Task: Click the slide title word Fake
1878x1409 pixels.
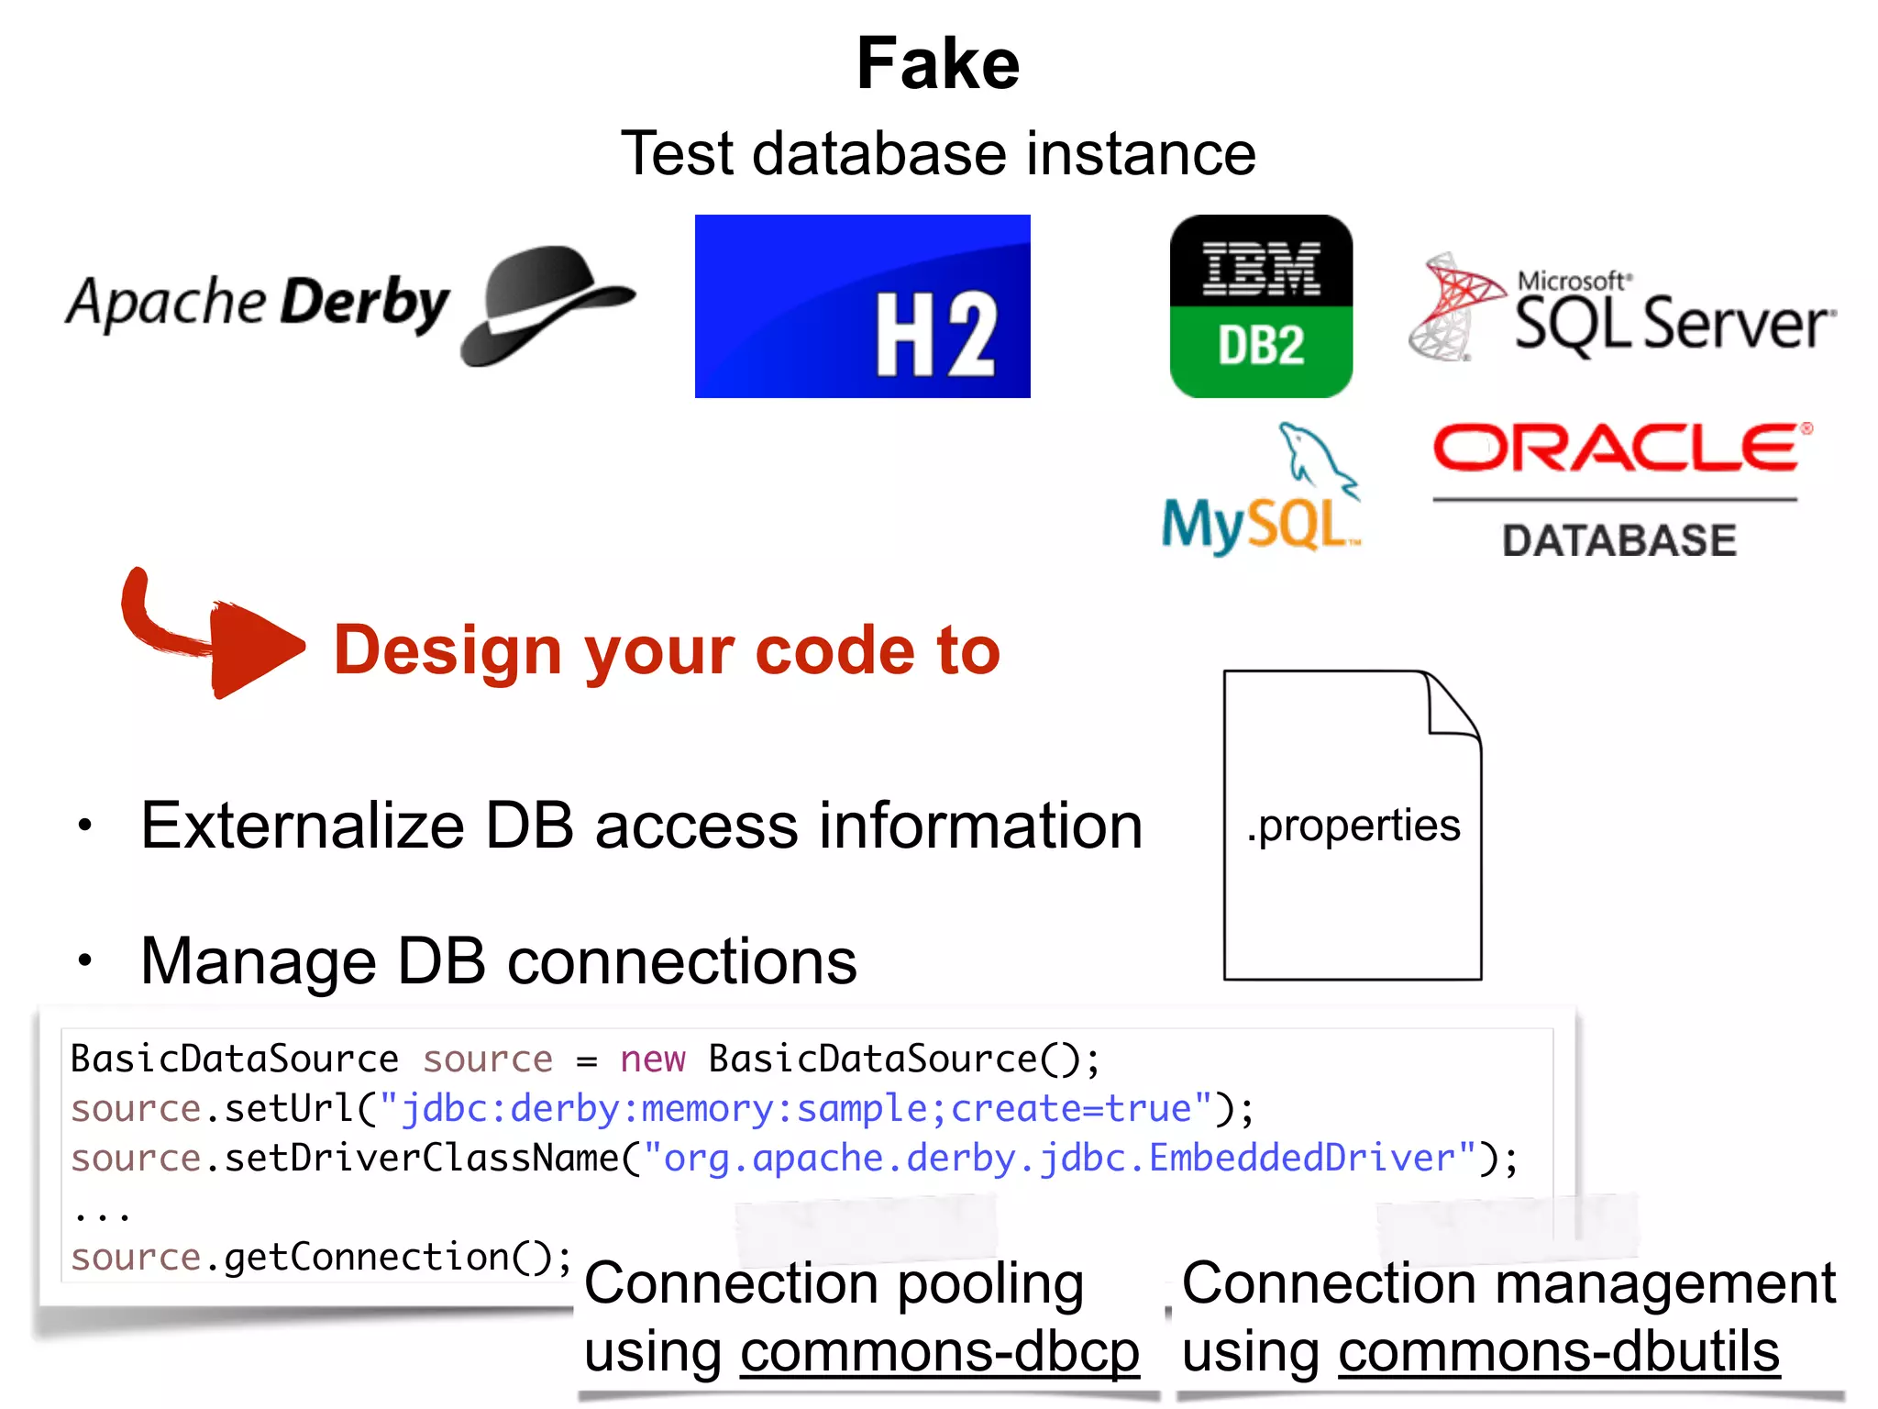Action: (x=937, y=64)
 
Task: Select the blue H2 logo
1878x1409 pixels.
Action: (x=862, y=306)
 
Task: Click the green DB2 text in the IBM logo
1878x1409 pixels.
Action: (x=1261, y=347)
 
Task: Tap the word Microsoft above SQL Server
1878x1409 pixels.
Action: (x=1572, y=281)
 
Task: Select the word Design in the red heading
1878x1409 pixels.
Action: (x=447, y=650)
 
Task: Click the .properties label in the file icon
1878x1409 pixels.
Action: (x=1353, y=826)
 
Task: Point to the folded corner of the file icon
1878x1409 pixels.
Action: (x=1453, y=706)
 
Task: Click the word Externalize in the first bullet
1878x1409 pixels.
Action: (x=303, y=826)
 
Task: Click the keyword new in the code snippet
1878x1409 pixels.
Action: (x=652, y=1060)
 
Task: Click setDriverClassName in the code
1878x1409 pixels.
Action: (x=422, y=1159)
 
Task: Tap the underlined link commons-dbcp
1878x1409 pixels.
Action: (x=939, y=1352)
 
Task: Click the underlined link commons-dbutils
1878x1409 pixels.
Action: (x=1558, y=1352)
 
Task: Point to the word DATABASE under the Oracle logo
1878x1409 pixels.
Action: (x=1618, y=540)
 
